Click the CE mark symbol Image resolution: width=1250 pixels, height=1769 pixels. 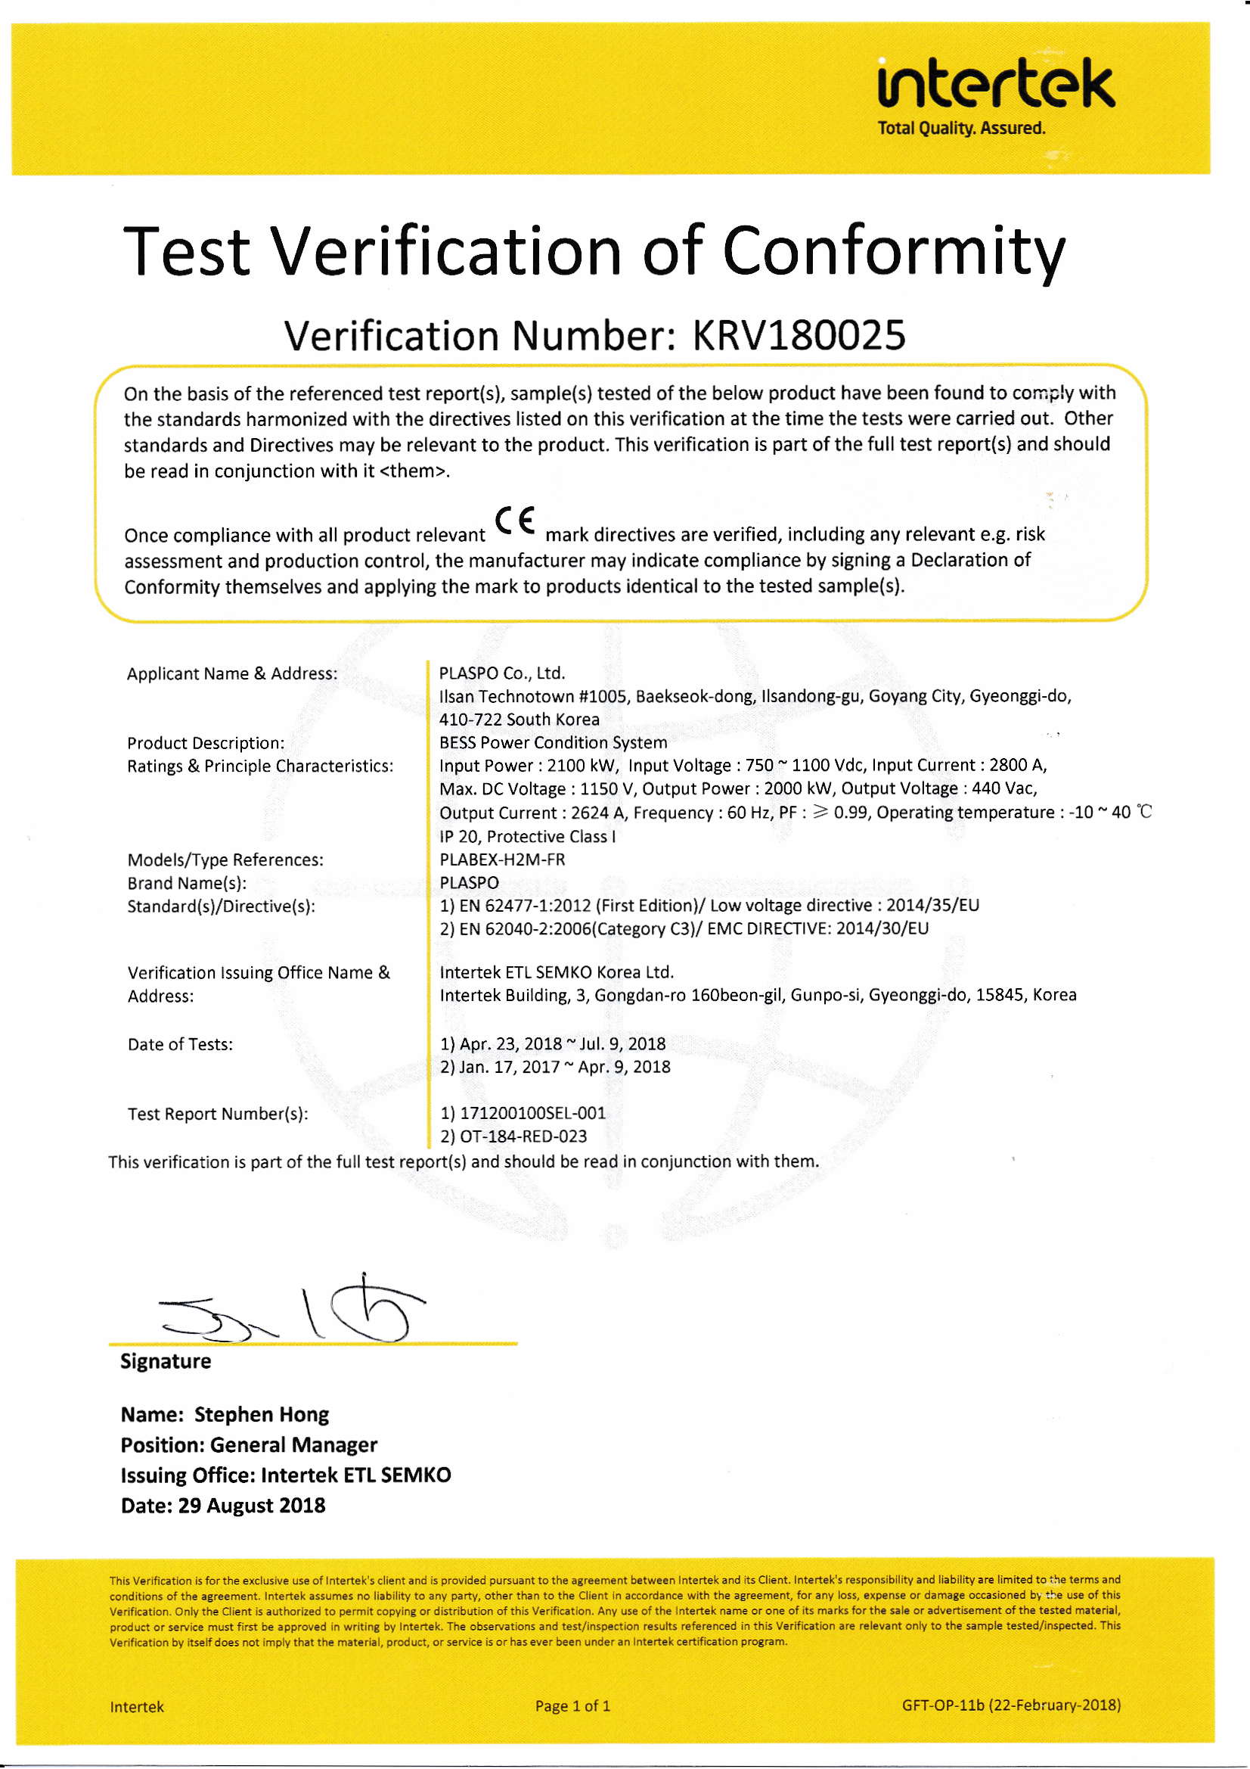pyautogui.click(x=515, y=522)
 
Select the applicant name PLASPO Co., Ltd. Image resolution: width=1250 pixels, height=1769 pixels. pyautogui.click(x=502, y=673)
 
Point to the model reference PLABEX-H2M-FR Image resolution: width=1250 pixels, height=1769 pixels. pyautogui.click(x=502, y=859)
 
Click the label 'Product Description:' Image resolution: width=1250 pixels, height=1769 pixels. pyautogui.click(x=206, y=744)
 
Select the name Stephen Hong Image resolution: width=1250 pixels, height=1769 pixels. pyautogui.click(x=261, y=1416)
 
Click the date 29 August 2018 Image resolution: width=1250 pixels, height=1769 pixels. pyautogui.click(x=251, y=1506)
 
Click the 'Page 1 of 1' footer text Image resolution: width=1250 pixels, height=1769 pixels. pyautogui.click(x=572, y=1705)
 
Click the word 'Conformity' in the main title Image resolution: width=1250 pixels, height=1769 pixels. pyautogui.click(x=893, y=252)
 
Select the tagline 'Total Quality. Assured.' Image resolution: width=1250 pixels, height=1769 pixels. pyautogui.click(x=961, y=129)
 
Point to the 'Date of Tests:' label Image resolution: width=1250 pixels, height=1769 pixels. pyautogui.click(x=180, y=1045)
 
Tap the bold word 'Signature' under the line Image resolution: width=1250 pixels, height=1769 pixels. pyautogui.click(x=166, y=1361)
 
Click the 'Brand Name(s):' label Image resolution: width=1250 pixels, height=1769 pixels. pyautogui.click(x=187, y=883)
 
